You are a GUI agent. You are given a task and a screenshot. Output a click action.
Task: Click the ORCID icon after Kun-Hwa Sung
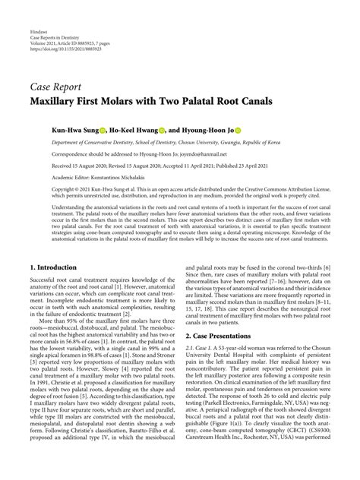(102, 131)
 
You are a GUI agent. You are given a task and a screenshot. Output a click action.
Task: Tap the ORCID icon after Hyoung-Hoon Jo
(258, 131)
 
